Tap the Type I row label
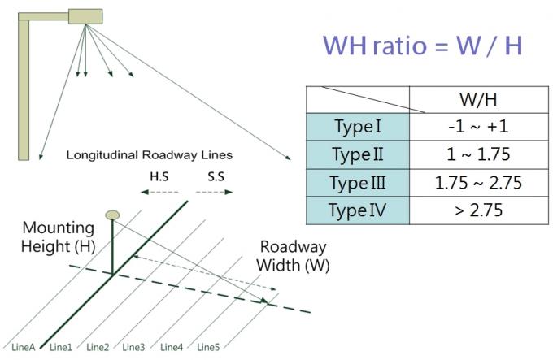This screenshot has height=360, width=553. click(358, 127)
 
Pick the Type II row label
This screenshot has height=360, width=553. click(358, 155)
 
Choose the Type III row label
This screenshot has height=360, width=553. click(358, 183)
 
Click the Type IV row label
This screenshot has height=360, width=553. click(358, 210)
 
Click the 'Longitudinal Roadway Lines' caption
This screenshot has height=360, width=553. click(150, 154)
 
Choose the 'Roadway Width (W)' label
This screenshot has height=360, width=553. click(294, 257)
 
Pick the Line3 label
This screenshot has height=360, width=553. click(133, 348)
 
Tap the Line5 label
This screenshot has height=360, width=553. click(208, 348)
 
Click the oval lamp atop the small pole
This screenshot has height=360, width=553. click(113, 215)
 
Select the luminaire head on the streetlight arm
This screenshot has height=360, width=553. click(82, 15)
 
